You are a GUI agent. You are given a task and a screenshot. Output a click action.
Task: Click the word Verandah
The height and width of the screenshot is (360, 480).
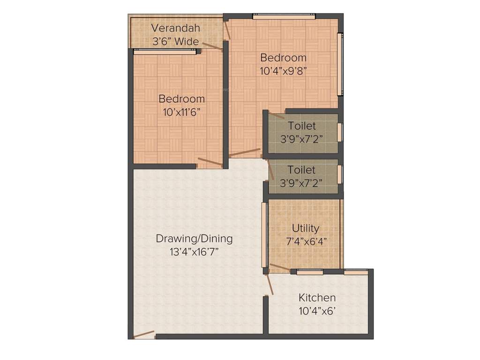tap(175, 28)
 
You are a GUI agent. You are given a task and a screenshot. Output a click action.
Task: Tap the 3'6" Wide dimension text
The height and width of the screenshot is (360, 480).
tap(175, 41)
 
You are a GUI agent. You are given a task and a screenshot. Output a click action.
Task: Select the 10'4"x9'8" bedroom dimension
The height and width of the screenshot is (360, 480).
tap(283, 71)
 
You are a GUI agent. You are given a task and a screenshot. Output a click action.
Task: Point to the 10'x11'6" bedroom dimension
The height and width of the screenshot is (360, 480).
tap(181, 112)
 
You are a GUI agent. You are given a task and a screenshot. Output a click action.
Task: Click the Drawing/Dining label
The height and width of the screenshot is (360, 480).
tap(194, 239)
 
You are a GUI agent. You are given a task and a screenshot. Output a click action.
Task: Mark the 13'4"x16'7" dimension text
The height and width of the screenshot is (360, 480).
tap(194, 252)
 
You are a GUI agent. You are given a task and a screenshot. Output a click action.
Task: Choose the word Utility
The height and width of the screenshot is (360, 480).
tap(306, 228)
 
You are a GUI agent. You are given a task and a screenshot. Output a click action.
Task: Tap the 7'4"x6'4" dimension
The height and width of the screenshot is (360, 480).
tap(306, 241)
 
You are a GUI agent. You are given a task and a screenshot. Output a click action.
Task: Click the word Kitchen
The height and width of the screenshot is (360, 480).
tap(317, 298)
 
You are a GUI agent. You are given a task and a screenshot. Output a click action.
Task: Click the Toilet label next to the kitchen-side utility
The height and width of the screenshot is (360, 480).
tap(301, 170)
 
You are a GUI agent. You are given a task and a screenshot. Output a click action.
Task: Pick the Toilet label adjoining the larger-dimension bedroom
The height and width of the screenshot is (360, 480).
tap(301, 126)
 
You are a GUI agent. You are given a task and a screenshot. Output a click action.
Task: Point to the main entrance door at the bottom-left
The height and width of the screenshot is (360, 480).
tap(144, 334)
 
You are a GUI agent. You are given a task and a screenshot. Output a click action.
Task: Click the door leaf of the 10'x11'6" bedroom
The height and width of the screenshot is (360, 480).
tap(210, 163)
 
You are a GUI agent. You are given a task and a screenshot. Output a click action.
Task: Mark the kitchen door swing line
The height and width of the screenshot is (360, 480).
tap(269, 285)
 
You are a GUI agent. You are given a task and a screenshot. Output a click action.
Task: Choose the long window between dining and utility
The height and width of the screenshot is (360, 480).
tap(264, 234)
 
